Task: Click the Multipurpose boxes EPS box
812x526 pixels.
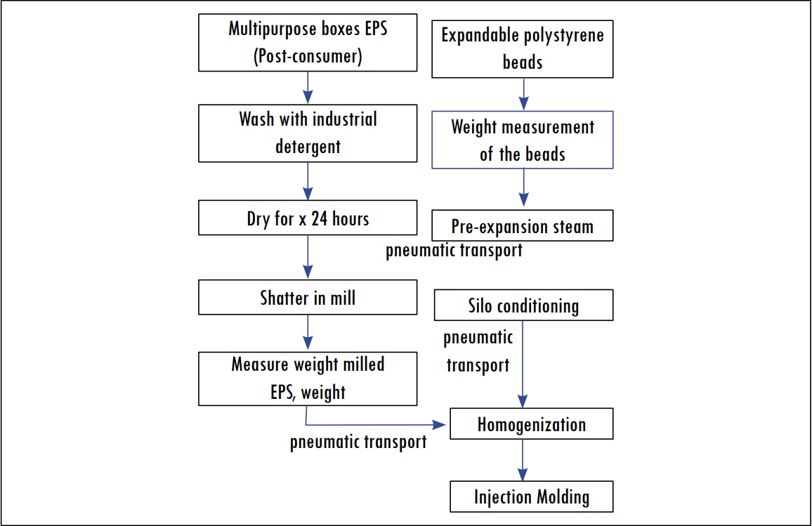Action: coord(307,42)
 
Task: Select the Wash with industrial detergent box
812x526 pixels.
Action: coord(307,133)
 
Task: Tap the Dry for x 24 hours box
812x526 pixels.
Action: coord(307,218)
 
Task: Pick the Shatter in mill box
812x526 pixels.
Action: coord(307,298)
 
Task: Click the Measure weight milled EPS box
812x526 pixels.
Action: coord(307,379)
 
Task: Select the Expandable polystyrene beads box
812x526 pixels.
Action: coord(522,48)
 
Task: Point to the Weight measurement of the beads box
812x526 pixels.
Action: coord(522,140)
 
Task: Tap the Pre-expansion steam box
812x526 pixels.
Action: coord(522,226)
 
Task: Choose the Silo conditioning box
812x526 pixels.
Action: coord(523,306)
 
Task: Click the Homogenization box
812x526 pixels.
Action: coord(531,425)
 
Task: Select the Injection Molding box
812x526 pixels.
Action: coord(531,497)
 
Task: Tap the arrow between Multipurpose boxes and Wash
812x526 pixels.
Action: coord(307,88)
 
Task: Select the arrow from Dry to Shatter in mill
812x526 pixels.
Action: coord(307,258)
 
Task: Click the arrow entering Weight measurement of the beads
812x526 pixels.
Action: coord(522,94)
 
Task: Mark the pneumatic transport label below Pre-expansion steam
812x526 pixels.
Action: coord(454,251)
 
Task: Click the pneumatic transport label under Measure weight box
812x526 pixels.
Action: coord(358,443)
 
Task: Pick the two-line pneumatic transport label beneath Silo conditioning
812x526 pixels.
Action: coord(478,352)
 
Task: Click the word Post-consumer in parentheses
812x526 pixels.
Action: coord(307,55)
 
